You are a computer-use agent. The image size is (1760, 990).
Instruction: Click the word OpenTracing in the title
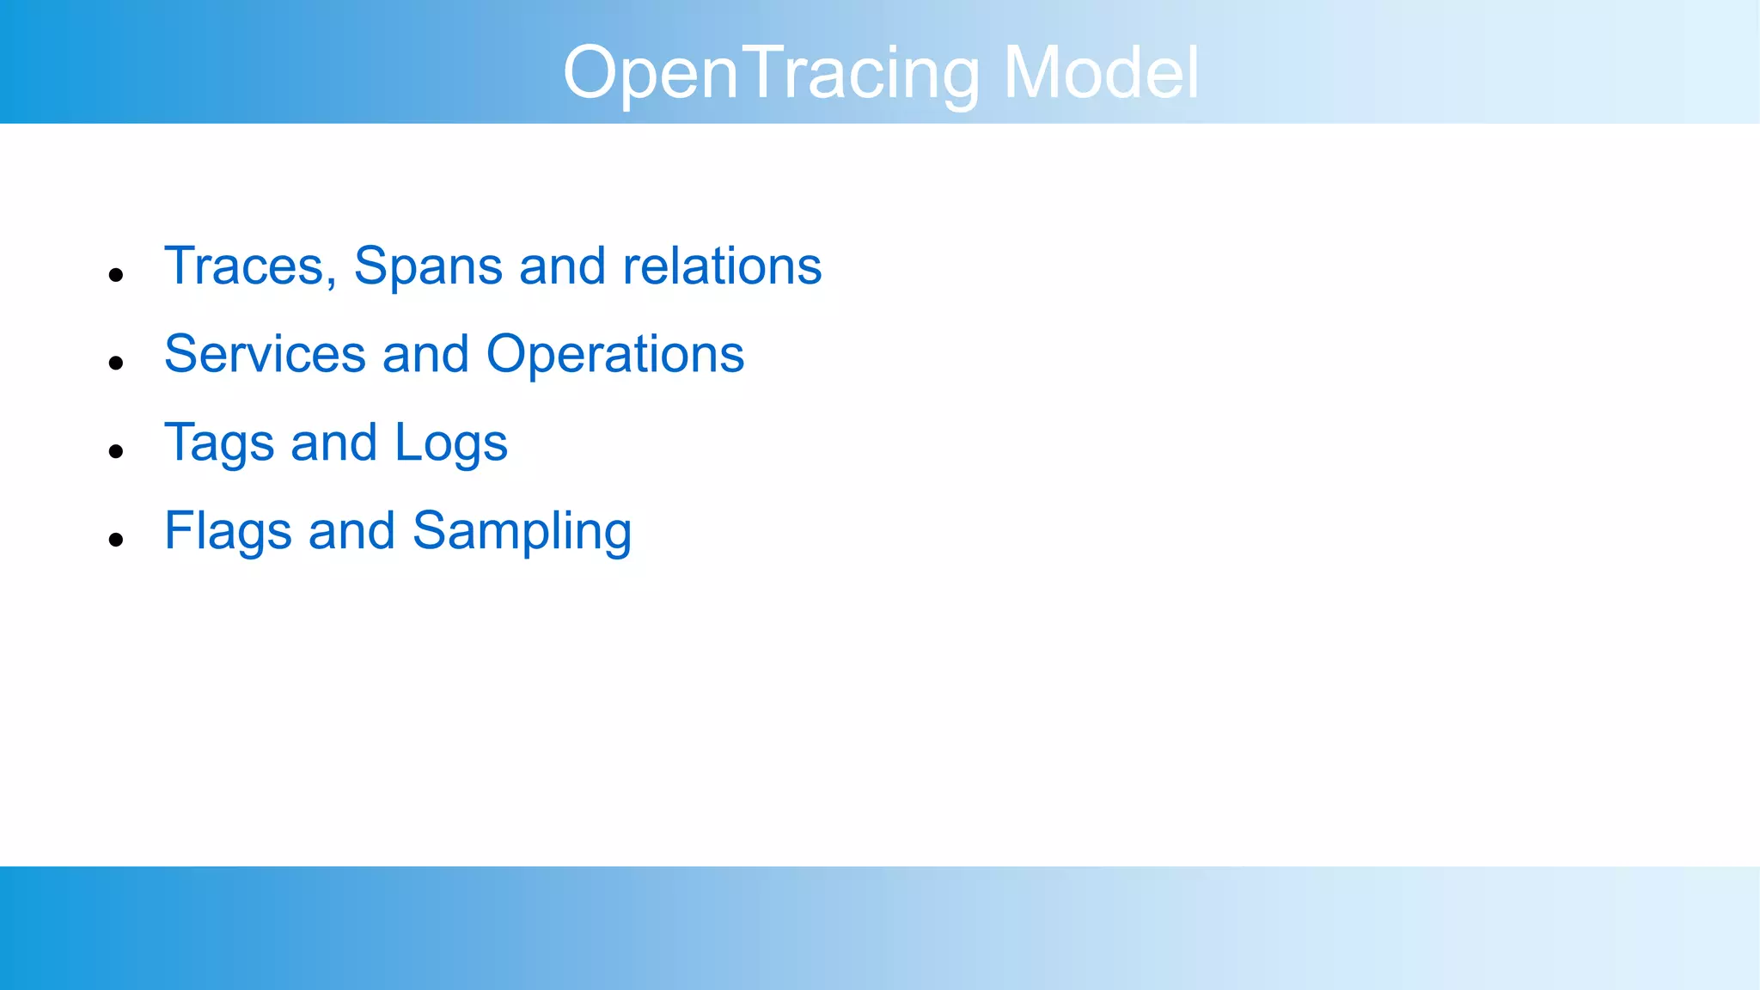coord(771,74)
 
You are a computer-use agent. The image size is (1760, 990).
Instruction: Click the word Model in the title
coord(1101,74)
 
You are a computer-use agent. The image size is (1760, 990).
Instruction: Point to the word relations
coord(722,266)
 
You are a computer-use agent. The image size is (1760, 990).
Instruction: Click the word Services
coord(265,355)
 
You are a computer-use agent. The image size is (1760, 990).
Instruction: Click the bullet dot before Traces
coord(116,275)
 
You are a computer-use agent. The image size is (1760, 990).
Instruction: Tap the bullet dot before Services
coord(116,364)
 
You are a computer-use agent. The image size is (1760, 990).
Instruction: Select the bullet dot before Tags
coord(116,451)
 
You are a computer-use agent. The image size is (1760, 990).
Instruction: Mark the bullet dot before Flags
coord(116,540)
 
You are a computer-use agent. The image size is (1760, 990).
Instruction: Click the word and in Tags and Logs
coord(333,443)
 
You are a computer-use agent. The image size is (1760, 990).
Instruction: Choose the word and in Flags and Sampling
coord(351,531)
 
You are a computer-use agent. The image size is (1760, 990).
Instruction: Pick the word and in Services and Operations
coord(425,355)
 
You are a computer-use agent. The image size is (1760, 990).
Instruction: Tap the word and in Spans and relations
coord(562,266)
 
